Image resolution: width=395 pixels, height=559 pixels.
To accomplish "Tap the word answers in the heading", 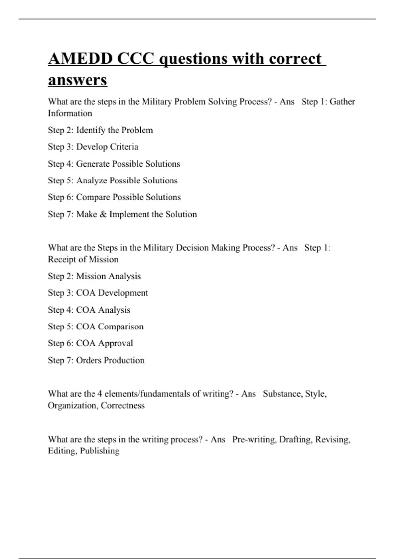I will coord(77,80).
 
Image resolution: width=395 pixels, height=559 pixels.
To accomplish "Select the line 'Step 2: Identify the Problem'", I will coord(100,130).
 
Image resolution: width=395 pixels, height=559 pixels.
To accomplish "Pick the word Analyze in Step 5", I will coord(92,181).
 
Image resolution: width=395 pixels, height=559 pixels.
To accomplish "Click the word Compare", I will coord(93,197).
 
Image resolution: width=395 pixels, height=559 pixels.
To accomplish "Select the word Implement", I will coord(129,214).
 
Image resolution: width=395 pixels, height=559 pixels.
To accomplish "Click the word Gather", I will coord(342,102).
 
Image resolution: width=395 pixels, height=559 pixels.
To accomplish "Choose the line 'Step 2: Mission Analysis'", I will coord(94,276).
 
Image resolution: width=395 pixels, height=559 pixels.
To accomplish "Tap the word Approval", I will coord(115,343).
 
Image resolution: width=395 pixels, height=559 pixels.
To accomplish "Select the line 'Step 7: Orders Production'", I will coord(96,360).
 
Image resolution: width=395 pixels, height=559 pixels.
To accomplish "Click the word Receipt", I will coord(62,260).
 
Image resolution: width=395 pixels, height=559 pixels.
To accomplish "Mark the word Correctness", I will coord(122,405).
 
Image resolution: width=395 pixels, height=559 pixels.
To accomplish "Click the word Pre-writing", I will coord(254,440).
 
